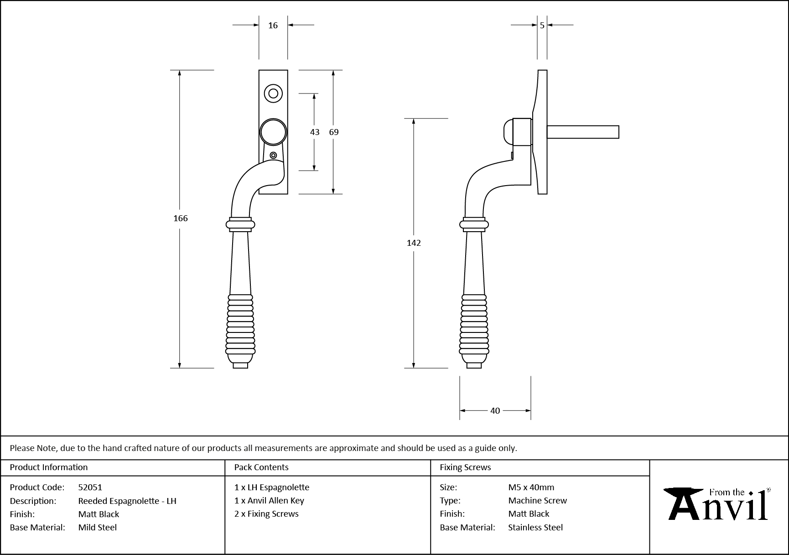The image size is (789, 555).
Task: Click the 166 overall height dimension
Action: (181, 218)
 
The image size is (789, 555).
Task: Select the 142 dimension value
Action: (414, 243)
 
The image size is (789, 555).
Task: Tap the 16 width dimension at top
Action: (273, 26)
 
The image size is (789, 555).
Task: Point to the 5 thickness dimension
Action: (542, 26)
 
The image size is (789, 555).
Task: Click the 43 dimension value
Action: (315, 132)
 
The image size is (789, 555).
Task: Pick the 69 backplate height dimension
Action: (334, 132)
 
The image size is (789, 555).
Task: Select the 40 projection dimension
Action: (495, 411)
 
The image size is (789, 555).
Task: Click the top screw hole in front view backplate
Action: (273, 93)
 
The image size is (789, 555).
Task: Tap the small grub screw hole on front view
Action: (273, 156)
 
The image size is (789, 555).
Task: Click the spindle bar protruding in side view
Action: (583, 132)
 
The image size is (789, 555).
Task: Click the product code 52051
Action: (90, 488)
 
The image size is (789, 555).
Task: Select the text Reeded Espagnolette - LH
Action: (127, 501)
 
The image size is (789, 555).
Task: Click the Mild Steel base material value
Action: (98, 528)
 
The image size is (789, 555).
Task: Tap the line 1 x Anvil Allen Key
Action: (269, 501)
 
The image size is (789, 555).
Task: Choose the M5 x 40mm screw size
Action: (531, 488)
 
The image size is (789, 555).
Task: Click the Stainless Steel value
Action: (535, 528)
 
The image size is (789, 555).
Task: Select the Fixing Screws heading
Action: (465, 467)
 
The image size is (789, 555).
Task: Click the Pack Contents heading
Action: (261, 467)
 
